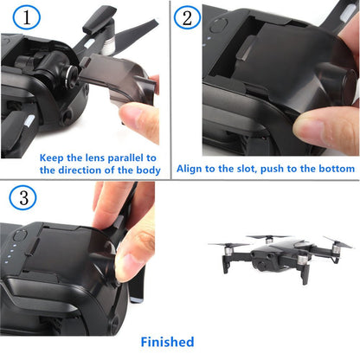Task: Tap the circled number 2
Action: point(190,18)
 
